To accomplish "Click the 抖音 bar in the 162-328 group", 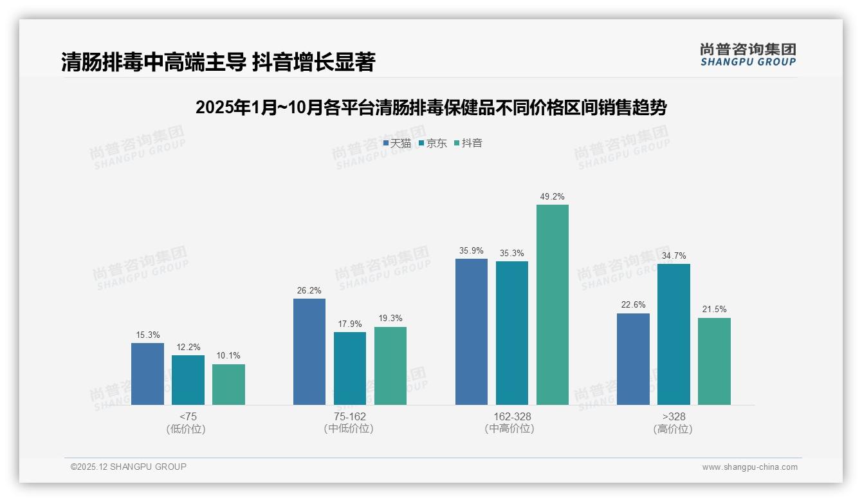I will (x=553, y=304).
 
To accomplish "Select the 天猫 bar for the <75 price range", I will (x=147, y=374).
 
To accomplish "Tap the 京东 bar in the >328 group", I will (x=674, y=334).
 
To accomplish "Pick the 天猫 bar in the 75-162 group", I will (x=309, y=351).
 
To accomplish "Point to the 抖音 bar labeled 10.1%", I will (x=228, y=384).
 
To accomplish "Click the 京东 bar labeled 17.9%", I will (x=350, y=368).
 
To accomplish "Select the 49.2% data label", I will (x=552, y=197).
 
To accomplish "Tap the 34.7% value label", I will (x=674, y=256).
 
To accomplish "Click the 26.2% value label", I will (x=309, y=291).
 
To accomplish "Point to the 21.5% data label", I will (x=714, y=310).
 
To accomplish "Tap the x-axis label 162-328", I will (x=512, y=416).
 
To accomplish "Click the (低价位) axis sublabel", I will (x=186, y=429).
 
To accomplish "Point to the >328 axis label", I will (x=673, y=416).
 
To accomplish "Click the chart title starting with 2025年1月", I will (x=430, y=107).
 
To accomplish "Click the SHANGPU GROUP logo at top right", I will (x=747, y=55).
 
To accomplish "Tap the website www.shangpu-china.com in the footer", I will (x=749, y=467).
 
